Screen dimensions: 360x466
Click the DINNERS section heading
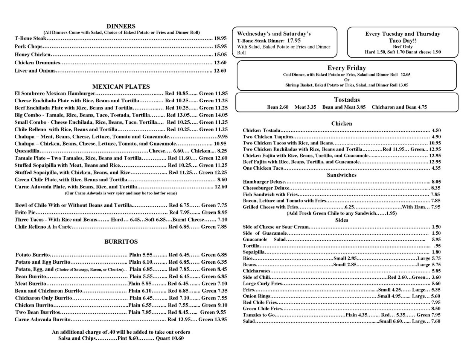[x=121, y=26]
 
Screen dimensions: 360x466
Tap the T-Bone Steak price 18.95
[x=220, y=38]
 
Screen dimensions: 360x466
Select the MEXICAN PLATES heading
[x=121, y=87]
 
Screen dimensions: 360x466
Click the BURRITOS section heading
[x=121, y=242]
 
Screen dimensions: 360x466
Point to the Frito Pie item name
[x=25, y=213]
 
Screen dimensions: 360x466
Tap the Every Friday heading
[x=346, y=68]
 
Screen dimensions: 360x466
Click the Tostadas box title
[x=347, y=100]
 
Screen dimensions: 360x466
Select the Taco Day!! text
[x=402, y=40]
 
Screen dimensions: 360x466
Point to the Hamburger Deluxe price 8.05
[x=436, y=182]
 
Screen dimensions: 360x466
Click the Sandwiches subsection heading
[x=341, y=175]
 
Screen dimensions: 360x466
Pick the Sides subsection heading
[x=342, y=220]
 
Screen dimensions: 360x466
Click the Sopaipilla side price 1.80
[x=436, y=252]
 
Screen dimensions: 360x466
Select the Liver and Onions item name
[x=35, y=71]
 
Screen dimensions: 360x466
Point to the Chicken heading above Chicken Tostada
[x=341, y=123]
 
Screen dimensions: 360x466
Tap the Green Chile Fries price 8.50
[x=436, y=309]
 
